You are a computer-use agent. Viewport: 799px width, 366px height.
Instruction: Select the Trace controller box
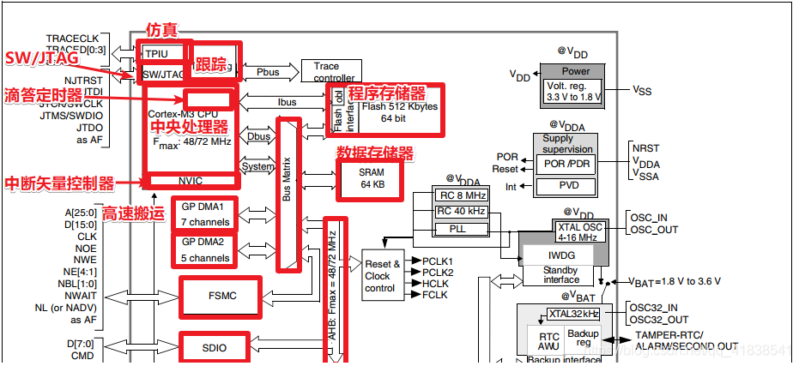point(330,72)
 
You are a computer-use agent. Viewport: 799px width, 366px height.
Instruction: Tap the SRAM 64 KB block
point(372,178)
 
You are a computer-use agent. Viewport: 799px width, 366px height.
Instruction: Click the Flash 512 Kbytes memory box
point(398,112)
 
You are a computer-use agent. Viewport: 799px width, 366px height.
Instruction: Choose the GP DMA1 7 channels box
point(203,214)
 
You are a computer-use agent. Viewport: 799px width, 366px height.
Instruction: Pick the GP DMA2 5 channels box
point(203,249)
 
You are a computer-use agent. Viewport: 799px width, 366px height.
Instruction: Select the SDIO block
point(215,347)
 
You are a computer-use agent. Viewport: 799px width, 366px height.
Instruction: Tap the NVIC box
point(190,180)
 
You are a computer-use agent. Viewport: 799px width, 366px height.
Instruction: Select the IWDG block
point(561,255)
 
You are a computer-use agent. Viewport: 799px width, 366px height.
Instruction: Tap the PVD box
point(564,186)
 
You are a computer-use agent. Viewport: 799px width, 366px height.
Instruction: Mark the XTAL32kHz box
point(572,314)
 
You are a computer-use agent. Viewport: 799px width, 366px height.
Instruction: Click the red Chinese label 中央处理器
point(190,127)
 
